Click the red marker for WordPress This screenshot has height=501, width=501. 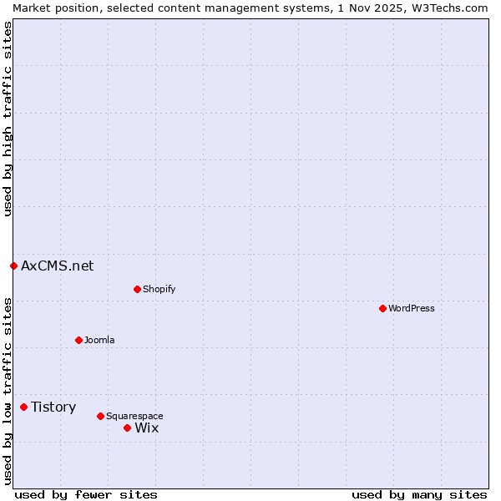pos(382,308)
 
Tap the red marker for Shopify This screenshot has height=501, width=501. pos(137,289)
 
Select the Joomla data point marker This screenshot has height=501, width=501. pos(78,340)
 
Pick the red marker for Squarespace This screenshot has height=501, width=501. pos(100,416)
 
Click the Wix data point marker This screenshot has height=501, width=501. pos(127,428)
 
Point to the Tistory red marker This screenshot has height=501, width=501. pos(23,407)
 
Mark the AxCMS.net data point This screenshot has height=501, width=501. pos(13,266)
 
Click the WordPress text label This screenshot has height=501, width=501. pos(412,308)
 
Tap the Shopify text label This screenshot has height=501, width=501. pos(159,289)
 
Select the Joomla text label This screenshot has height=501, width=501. pos(99,340)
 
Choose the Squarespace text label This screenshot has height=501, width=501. pos(134,416)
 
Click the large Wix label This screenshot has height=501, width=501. pos(146,428)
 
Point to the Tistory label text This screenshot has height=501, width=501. pos(53,407)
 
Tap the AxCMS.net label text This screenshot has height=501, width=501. pos(57,266)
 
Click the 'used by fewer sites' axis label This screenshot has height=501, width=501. pos(86,494)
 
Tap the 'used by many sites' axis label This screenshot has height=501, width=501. pos(419,494)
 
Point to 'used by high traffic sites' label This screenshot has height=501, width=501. pos(8,119)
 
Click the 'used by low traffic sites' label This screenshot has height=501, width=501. pos(8,390)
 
